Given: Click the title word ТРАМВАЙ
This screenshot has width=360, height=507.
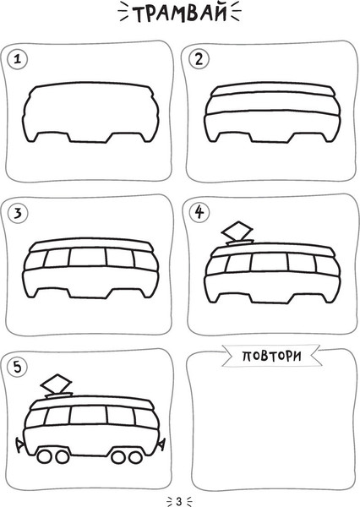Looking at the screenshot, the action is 179,14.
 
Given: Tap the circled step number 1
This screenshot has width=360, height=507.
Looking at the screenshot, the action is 18,59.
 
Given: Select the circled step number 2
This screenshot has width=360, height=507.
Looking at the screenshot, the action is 199,59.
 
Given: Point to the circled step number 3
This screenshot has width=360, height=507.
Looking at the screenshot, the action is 18,213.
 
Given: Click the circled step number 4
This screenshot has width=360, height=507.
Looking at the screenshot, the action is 199,212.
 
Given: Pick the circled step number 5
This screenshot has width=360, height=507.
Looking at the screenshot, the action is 18,367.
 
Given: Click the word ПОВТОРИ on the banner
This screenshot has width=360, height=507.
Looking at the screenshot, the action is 272,356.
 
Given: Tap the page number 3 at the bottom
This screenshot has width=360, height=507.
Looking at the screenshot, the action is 179,501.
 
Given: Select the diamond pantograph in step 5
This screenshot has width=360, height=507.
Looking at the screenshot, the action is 56,384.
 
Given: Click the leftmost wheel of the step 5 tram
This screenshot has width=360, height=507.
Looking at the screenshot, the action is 44,456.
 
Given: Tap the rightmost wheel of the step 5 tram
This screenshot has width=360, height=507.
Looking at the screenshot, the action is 135,457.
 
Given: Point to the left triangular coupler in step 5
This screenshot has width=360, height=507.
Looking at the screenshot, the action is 20,444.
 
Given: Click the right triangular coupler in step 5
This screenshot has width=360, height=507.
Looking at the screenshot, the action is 161,444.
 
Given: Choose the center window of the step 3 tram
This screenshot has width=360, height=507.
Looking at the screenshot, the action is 88,257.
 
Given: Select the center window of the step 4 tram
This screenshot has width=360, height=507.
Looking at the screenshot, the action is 269,262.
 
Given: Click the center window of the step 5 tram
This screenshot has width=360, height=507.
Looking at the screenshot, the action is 88,415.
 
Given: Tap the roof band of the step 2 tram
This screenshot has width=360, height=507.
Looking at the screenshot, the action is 271,89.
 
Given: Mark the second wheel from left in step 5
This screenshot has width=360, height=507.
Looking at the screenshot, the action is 62,457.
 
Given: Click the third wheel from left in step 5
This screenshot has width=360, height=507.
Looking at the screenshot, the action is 118,457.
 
